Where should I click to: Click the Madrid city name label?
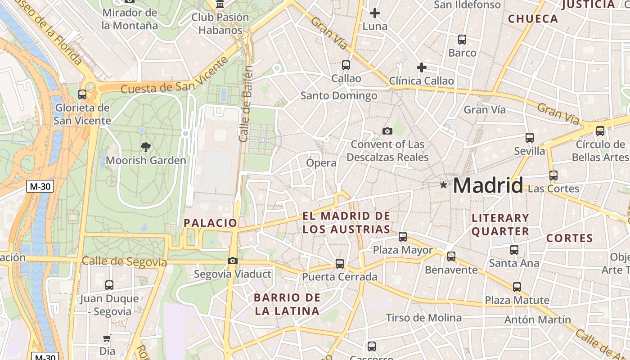pyautogui.click(x=488, y=185)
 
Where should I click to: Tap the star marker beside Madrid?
pyautogui.click(x=444, y=184)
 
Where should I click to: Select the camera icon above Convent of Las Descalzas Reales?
pyautogui.click(x=387, y=131)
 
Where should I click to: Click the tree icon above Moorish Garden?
pyautogui.click(x=145, y=147)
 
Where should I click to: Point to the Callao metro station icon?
pyautogui.click(x=346, y=65)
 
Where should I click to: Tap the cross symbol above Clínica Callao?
pyautogui.click(x=421, y=67)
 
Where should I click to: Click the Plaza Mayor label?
pyautogui.click(x=403, y=250)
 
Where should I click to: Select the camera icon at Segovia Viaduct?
pyautogui.click(x=233, y=261)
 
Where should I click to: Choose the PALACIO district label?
pyautogui.click(x=210, y=223)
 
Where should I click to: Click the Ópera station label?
pyautogui.click(x=321, y=162)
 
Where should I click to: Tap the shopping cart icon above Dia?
pyautogui.click(x=107, y=338)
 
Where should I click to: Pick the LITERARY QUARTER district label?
pyautogui.click(x=500, y=225)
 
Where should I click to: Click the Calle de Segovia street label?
pyautogui.click(x=124, y=261)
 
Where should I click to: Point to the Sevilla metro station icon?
pyautogui.click(x=529, y=138)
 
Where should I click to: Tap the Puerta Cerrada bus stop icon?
pyautogui.click(x=340, y=264)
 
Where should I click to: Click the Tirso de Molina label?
pyautogui.click(x=423, y=318)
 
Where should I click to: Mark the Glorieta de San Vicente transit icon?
pyautogui.click(x=82, y=94)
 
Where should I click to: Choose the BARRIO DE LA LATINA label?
pyautogui.click(x=287, y=304)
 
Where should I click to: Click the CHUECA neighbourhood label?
pyautogui.click(x=533, y=19)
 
